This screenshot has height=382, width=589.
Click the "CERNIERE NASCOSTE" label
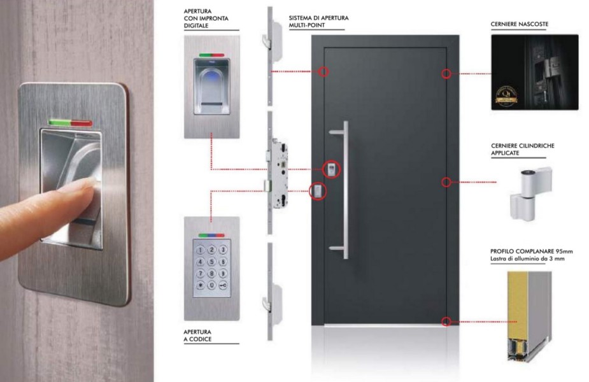tap(519, 24)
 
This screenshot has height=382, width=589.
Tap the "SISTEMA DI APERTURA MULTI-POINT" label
tap(318, 22)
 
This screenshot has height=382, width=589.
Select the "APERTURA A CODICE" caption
tap(197, 336)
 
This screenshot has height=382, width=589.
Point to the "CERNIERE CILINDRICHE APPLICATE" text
tap(523, 149)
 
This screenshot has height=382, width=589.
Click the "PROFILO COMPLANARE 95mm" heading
tap(532, 251)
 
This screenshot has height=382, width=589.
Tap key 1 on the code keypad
tap(201, 250)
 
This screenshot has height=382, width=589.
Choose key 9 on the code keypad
tap(223, 273)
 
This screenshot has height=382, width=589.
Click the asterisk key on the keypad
tap(201, 285)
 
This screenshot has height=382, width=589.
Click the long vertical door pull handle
tap(345, 190)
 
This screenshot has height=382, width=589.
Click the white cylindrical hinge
tap(530, 194)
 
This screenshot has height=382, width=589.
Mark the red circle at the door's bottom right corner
tap(446, 322)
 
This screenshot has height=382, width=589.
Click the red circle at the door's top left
tap(323, 71)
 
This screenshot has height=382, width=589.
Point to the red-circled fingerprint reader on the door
tap(331, 169)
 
